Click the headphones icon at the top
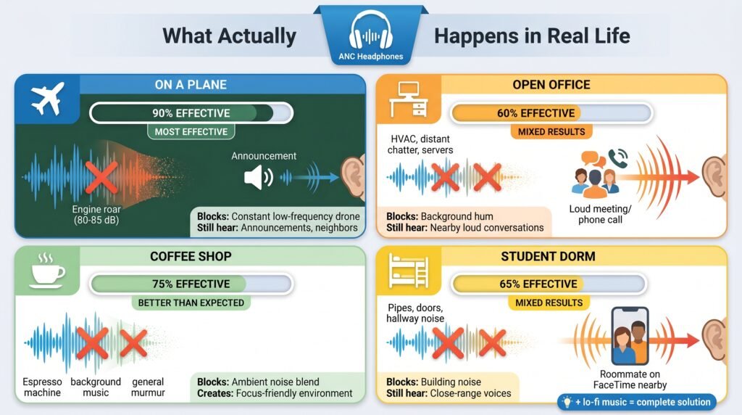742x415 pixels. click(370, 30)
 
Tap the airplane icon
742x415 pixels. click(47, 99)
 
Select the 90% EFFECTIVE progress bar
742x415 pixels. click(191, 113)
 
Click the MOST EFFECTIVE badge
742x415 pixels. click(191, 132)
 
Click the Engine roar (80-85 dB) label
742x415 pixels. click(96, 215)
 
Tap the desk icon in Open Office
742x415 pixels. click(408, 99)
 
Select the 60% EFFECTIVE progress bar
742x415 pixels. click(551, 113)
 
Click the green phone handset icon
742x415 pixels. click(618, 158)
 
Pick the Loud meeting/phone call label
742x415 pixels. click(600, 214)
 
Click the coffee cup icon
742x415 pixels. click(47, 271)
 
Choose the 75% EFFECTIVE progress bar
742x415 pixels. click(191, 284)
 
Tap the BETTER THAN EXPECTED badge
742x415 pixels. click(191, 303)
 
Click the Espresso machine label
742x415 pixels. click(42, 387)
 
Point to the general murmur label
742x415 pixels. click(148, 387)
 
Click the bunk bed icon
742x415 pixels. click(408, 271)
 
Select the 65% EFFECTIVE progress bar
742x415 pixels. click(549, 284)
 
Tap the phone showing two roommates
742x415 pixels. click(630, 336)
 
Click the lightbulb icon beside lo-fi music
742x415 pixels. click(567, 402)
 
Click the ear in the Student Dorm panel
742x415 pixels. click(714, 340)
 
